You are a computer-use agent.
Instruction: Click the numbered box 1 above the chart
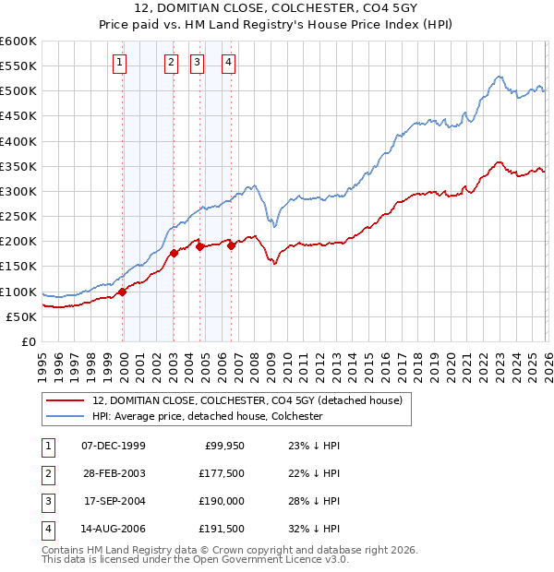tap(121, 63)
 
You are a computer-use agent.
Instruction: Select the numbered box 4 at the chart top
tap(228, 63)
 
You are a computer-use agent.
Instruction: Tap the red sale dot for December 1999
tap(122, 292)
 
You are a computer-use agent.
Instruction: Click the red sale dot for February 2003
tap(174, 253)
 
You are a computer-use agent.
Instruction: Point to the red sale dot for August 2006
tap(231, 245)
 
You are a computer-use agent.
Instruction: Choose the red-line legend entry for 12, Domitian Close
tap(247, 400)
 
